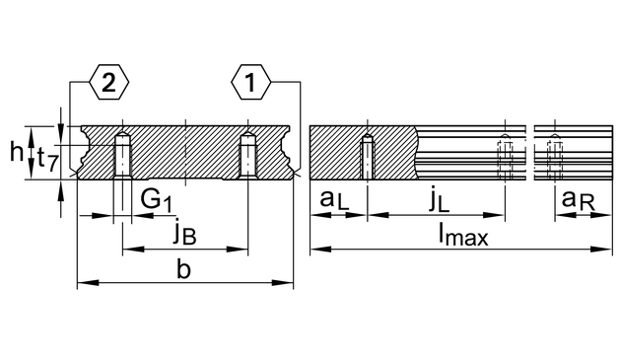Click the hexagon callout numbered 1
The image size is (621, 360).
250,82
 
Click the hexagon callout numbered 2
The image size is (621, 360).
108,82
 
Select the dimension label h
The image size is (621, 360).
17,152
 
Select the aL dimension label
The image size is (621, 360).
335,200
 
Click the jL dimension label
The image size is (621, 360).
440,200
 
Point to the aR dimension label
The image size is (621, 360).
579,200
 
